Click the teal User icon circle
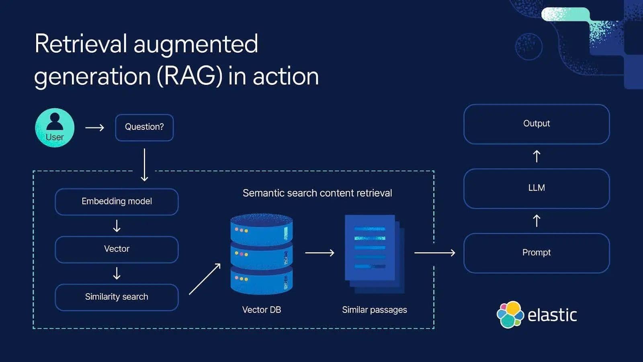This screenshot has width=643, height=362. click(55, 128)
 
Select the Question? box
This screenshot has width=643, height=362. click(144, 128)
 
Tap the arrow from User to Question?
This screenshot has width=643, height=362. click(95, 128)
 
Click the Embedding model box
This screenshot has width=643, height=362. click(117, 202)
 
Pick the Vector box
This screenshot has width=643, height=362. click(117, 249)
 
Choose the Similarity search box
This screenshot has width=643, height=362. click(117, 297)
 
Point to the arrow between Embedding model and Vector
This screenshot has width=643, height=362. click(117, 226)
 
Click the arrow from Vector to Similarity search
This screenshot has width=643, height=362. click(117, 273)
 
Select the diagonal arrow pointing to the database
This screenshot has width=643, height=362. click(205, 279)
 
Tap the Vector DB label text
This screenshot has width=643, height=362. click(261, 310)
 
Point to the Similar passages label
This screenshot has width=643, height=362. click(374, 310)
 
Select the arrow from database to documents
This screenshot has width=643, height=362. click(319, 253)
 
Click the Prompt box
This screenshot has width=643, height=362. click(537, 253)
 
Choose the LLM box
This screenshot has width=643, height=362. click(537, 188)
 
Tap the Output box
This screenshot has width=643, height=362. click(537, 124)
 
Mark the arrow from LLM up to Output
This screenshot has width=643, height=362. click(537, 156)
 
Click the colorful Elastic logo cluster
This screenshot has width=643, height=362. click(510, 315)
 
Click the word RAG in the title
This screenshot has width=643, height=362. click(189, 76)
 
